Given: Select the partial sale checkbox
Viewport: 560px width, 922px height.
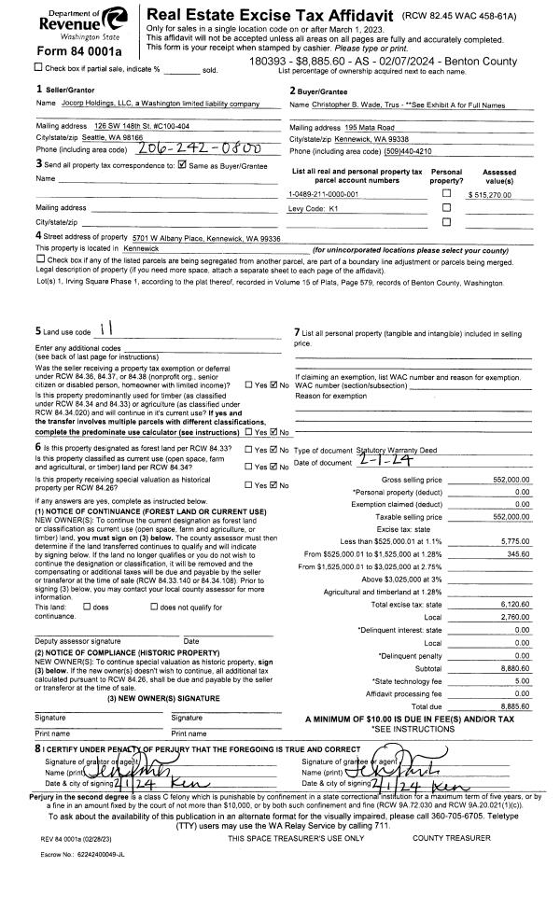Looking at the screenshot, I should [x=38, y=67].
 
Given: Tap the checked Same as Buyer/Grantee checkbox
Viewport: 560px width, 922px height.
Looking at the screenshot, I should [x=183, y=165].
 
